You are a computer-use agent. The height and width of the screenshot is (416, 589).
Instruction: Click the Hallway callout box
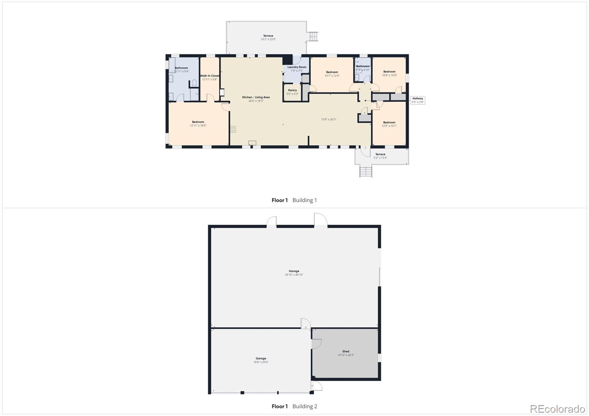point(417,100)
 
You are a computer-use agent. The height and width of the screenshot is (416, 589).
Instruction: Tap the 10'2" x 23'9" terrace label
point(268,38)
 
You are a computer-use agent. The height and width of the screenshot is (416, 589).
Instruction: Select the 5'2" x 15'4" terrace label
point(380,156)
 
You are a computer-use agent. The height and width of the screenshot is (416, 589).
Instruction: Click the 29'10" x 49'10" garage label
point(294,273)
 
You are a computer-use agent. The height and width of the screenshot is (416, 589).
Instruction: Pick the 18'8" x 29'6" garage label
point(261,360)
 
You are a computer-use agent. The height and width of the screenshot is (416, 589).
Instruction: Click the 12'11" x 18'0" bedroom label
point(198,124)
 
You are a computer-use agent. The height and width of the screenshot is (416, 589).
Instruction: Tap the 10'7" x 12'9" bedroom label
point(332,74)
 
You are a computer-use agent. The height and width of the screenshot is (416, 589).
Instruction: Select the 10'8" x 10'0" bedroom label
point(389,73)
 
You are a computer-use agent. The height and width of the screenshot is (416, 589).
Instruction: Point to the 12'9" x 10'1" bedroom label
point(389,124)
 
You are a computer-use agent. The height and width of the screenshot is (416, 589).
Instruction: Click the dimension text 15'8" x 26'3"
point(328,119)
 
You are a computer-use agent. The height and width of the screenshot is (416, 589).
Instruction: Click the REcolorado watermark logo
point(557,409)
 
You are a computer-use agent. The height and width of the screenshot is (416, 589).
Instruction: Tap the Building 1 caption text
point(304,200)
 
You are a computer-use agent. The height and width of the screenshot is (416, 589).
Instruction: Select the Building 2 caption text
point(304,406)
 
